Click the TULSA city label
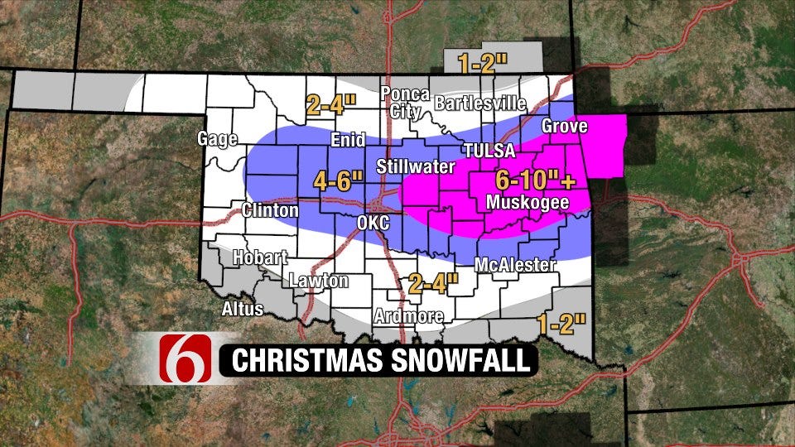click(489, 151)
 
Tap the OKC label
click(372, 223)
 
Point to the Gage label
click(217, 139)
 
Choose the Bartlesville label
click(480, 103)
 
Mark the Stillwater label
click(416, 167)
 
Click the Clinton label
click(270, 210)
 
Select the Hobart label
click(260, 257)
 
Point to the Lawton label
click(319, 281)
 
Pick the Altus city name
click(242, 309)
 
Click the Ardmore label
click(408, 316)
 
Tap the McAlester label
click(514, 265)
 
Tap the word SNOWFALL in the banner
click(460, 361)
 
